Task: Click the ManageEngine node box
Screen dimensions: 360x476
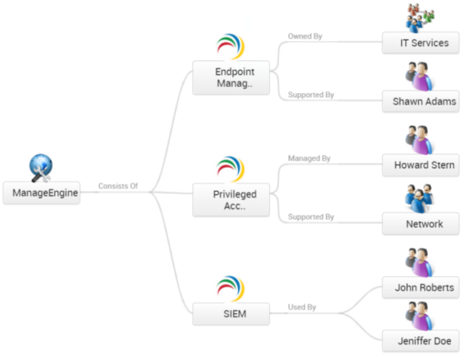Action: tap(42, 193)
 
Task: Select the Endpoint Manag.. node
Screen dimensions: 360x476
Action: tap(231, 78)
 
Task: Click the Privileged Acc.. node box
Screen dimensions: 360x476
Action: tap(231, 200)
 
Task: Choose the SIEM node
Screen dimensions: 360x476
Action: tap(231, 314)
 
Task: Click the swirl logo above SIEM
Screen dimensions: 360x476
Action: tap(231, 288)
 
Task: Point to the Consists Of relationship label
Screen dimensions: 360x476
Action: tap(118, 186)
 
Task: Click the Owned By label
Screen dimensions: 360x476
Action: tap(305, 37)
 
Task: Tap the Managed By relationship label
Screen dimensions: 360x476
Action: tap(309, 159)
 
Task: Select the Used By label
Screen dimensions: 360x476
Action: tap(302, 307)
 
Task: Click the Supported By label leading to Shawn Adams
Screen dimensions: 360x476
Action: tap(311, 95)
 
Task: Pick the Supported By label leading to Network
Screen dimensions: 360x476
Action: tap(311, 217)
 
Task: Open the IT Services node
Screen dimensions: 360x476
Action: tap(421, 43)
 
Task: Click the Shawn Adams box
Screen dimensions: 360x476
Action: tap(421, 101)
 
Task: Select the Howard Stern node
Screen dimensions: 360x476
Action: tap(421, 165)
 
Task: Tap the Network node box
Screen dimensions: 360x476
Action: tap(421, 224)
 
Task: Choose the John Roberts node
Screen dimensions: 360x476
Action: tap(421, 288)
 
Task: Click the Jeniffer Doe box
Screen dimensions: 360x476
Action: tap(421, 341)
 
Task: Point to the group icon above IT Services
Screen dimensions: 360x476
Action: tap(421, 18)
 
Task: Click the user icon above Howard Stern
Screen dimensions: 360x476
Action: tap(420, 139)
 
